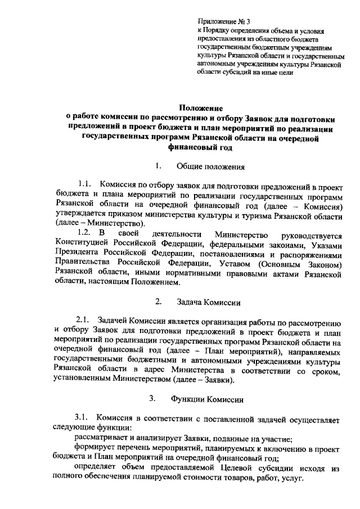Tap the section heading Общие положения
(x=210, y=166)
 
